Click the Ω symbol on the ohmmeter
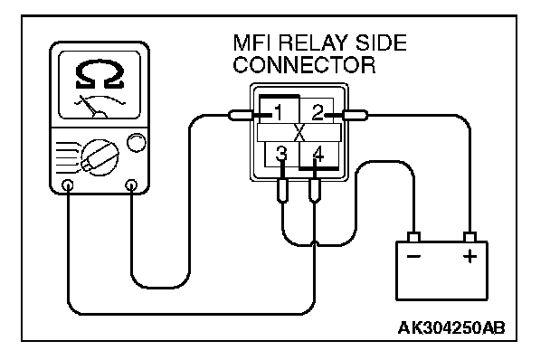[x=100, y=74]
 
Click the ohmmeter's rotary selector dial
[x=100, y=156]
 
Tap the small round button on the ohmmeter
[x=136, y=142]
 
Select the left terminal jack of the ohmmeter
[x=68, y=185]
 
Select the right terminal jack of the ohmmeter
[x=131, y=185]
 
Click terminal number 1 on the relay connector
[x=279, y=113]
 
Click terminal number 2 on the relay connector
[x=318, y=112]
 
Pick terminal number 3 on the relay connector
[x=281, y=154]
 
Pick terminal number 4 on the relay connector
[x=318, y=154]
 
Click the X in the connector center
[x=299, y=133]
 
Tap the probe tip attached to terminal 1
[x=241, y=115]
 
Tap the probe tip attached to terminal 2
[x=355, y=115]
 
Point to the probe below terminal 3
[x=283, y=190]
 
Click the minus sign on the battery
[x=414, y=257]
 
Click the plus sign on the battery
[x=469, y=256]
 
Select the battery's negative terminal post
[x=414, y=237]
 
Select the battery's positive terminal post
[x=469, y=237]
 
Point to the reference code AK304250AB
[x=451, y=328]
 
